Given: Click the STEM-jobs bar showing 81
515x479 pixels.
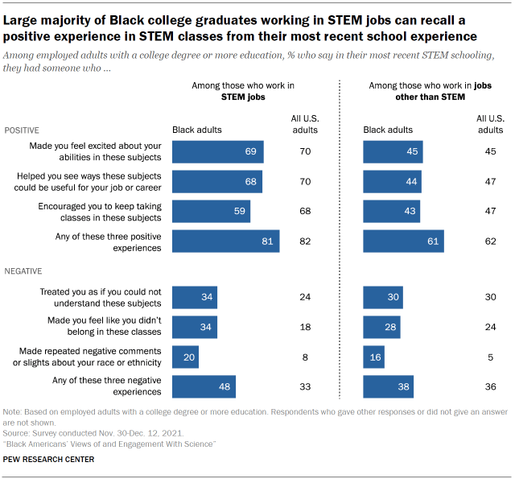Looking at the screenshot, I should tap(226, 242).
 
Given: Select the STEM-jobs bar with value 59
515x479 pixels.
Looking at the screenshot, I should tap(212, 211).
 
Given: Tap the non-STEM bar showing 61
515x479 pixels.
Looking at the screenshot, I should tap(403, 242).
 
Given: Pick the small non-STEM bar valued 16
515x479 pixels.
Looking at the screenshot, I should tap(374, 357).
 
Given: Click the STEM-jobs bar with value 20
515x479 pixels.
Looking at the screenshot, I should tap(186, 357).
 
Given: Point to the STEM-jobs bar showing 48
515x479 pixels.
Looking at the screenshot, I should tap(204, 387).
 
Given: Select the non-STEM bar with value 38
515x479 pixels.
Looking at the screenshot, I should tap(388, 387).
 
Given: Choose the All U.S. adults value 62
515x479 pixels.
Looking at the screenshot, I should tap(492, 242).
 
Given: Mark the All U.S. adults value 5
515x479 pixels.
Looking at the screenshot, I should tap(492, 357).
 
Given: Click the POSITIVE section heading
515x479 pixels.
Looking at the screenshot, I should tap(23, 130).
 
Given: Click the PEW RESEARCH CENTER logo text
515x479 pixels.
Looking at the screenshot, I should tap(48, 459).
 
